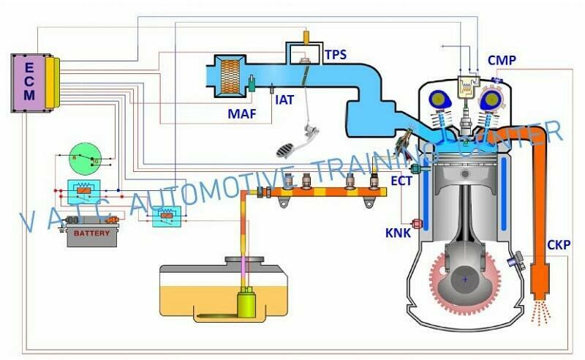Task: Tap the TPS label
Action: coord(336,54)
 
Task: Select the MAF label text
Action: coord(241,113)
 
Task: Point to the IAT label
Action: coord(284,99)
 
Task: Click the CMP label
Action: coord(502,60)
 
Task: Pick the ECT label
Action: coord(401,181)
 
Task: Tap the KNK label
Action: coord(397,234)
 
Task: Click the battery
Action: coord(92,235)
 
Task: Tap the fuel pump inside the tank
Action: coord(246,302)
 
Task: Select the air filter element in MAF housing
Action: coord(228,75)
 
